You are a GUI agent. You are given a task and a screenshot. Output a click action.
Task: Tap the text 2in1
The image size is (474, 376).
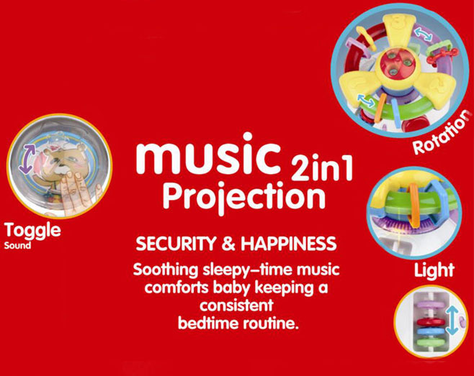pyautogui.click(x=322, y=167)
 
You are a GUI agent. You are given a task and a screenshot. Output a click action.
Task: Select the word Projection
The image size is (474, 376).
pyautogui.click(x=244, y=198)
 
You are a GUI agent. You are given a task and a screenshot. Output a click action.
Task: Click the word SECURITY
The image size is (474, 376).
pyautogui.click(x=176, y=244)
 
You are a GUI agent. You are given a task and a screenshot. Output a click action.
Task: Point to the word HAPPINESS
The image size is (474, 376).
pyautogui.click(x=289, y=244)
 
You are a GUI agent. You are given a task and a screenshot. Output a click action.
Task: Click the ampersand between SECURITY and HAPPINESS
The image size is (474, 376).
pyautogui.click(x=228, y=244)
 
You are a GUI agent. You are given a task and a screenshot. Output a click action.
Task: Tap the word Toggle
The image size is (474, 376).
pyautogui.click(x=32, y=231)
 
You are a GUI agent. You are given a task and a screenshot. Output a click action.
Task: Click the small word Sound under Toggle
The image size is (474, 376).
pyautogui.click(x=17, y=245)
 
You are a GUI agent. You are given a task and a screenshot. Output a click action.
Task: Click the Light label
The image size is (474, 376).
pyautogui.click(x=434, y=270)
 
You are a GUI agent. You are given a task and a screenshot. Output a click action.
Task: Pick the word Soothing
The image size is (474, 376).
pyautogui.click(x=166, y=270)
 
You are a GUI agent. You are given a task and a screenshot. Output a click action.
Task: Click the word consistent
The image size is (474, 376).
pyautogui.click(x=236, y=306)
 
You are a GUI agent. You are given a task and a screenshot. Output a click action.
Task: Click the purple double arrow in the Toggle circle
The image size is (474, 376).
pyautogui.click(x=27, y=158)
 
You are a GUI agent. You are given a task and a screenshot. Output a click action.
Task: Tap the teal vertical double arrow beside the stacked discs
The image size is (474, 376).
pyautogui.click(x=452, y=320)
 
